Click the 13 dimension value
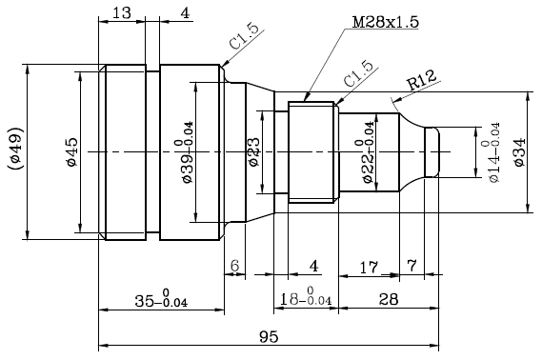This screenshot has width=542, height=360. (122, 13)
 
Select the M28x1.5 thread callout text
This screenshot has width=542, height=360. (386, 22)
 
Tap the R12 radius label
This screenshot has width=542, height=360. (421, 80)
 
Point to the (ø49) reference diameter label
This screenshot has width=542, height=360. (15, 149)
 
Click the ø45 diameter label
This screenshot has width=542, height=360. (72, 152)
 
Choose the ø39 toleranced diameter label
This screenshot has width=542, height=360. (184, 152)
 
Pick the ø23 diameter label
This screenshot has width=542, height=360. (254, 152)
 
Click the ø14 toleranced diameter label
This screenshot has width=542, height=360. (491, 152)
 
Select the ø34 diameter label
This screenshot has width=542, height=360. (519, 152)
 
